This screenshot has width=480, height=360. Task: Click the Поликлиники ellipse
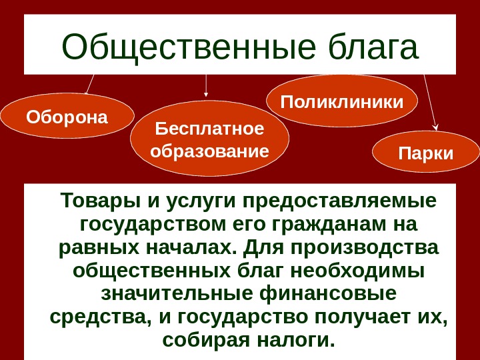(342, 103)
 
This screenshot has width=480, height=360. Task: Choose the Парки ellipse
(425, 153)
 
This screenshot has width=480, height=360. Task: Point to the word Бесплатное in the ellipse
(209, 127)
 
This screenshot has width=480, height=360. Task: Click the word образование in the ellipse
(209, 151)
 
